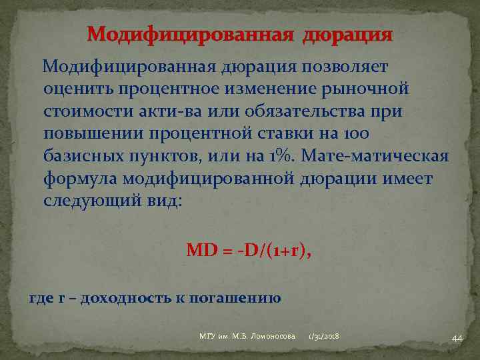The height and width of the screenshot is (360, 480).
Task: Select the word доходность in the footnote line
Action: coord(122,297)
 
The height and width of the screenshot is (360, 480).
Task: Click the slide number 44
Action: coord(457,339)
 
